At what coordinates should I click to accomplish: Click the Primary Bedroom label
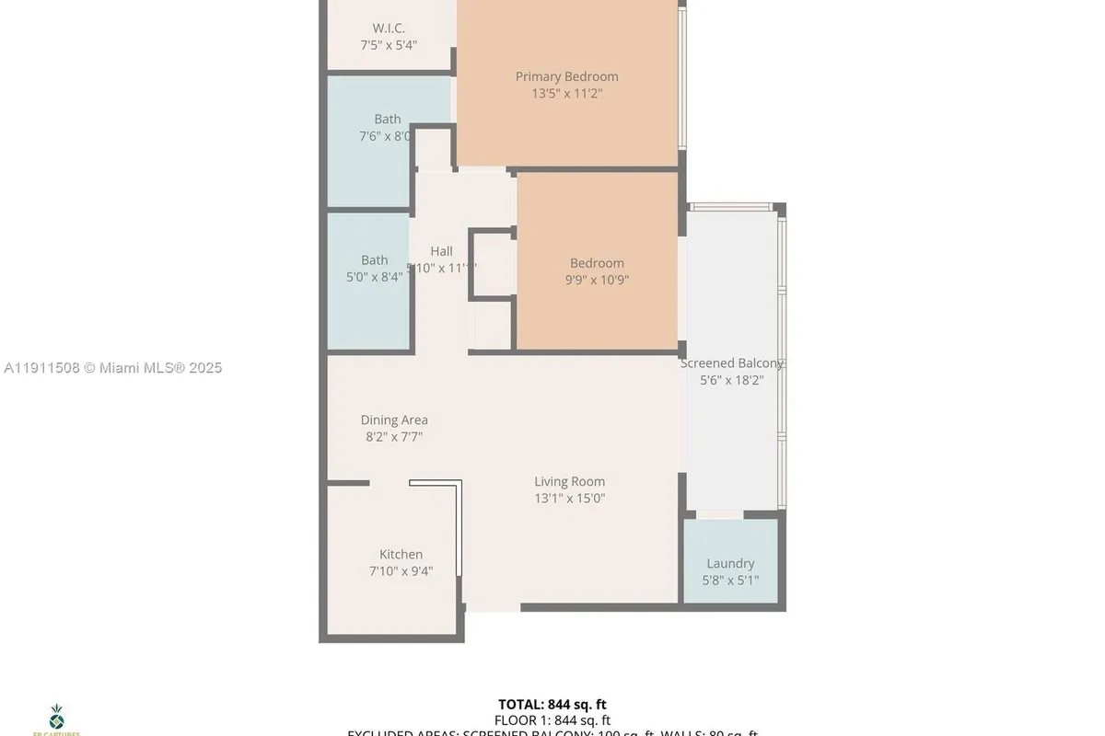point(566,76)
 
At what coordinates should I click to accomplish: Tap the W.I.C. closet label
point(389,29)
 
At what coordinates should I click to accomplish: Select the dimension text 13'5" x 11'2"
point(566,93)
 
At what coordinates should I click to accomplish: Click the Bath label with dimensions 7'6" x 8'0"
point(388,119)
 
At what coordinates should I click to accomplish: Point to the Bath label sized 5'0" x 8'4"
point(375,260)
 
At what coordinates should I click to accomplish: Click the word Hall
point(441,251)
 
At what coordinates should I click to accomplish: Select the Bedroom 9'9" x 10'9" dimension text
point(597,280)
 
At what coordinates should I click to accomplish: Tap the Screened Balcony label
point(731,362)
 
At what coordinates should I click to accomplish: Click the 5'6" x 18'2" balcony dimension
point(731,379)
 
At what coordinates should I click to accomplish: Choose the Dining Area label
point(394,420)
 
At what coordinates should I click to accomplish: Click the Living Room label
point(570,481)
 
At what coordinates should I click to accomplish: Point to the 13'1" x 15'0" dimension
point(570,498)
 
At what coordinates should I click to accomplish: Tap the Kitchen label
point(401,554)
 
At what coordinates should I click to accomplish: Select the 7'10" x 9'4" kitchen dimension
point(401,570)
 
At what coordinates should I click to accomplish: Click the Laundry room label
point(730,563)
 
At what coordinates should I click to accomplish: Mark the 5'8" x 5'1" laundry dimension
point(730,580)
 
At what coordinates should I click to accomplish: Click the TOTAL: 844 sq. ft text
point(552,705)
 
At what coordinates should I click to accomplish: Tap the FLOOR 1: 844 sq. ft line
point(552,720)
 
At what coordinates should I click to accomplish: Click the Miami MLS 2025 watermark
point(113,368)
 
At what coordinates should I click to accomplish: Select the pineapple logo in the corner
point(57,715)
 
